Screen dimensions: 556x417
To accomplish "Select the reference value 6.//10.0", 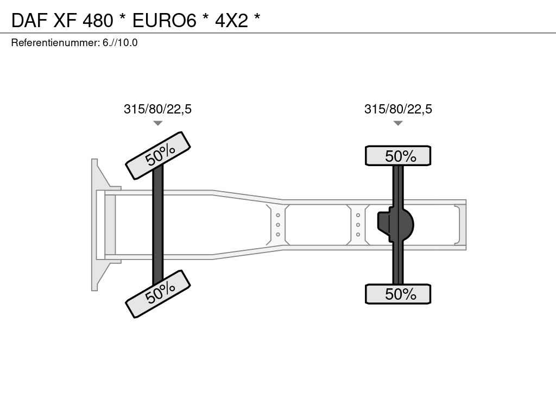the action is click(120, 43).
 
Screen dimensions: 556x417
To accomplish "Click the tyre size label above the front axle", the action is click(157, 109).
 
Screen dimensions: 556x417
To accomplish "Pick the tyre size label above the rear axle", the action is click(398, 109).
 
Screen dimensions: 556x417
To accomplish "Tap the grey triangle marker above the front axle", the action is click(158, 123).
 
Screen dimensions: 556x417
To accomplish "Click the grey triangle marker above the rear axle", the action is click(398, 123).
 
